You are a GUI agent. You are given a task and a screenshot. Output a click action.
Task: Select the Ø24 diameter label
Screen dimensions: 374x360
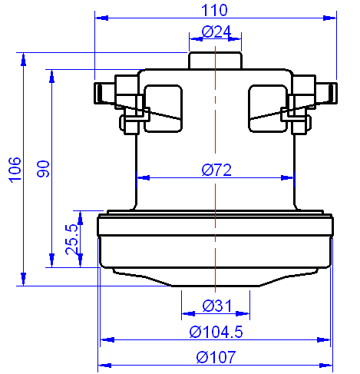(216, 31)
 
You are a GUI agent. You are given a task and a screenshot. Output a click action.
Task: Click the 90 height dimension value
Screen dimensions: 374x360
(44, 169)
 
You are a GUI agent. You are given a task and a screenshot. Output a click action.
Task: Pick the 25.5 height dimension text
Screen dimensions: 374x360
(72, 239)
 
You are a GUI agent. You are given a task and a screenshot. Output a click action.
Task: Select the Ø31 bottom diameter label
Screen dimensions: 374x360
(216, 306)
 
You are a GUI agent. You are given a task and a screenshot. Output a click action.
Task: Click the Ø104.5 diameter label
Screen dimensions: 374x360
(216, 332)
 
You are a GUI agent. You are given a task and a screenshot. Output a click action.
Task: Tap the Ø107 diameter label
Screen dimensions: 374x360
(216, 357)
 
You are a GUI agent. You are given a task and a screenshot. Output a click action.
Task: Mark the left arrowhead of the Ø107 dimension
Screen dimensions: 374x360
(103, 365)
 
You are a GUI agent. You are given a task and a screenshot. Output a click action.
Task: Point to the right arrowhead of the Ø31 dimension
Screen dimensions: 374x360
(246, 313)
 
